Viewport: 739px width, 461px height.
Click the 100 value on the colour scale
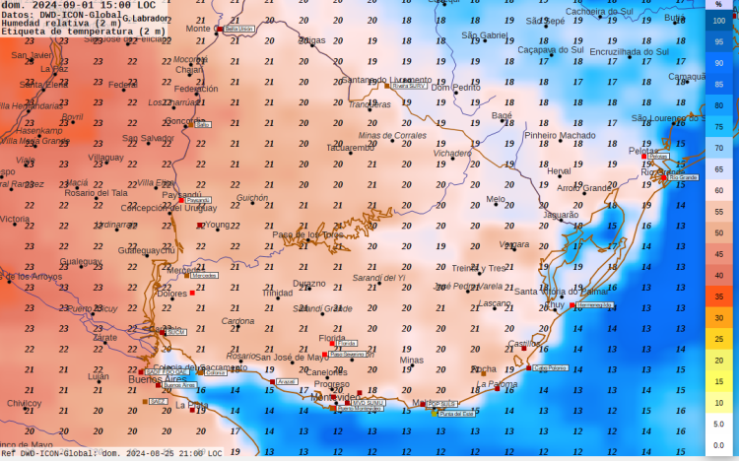point(719,20)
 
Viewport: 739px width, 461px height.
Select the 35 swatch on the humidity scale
point(719,296)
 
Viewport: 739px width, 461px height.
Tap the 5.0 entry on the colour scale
point(719,424)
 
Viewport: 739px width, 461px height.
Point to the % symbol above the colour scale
point(719,5)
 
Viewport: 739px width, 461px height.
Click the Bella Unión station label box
point(239,30)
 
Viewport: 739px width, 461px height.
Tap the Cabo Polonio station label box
point(551,367)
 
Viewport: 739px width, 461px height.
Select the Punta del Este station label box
point(456,414)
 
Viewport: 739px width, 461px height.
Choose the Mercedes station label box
point(204,276)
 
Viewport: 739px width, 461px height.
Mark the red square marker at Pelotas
point(644,156)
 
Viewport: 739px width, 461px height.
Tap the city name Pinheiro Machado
point(560,136)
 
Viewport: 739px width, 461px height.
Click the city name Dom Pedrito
point(455,88)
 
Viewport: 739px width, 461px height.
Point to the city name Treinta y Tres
point(479,268)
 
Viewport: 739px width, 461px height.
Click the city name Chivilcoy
point(25,403)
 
